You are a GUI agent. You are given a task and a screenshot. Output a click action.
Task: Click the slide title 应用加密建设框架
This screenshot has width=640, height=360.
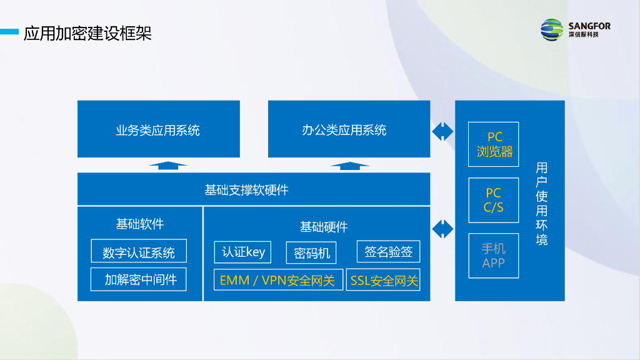(87, 32)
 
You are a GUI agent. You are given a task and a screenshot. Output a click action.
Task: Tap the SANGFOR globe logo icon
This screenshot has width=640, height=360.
(552, 29)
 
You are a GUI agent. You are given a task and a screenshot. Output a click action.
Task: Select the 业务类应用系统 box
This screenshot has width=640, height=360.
(158, 129)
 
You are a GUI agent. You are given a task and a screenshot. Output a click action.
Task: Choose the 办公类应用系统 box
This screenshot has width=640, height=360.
(349, 129)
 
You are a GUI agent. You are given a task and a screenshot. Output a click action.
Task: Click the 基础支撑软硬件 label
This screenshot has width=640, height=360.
(247, 189)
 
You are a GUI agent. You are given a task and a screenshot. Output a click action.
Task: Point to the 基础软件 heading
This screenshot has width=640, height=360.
(140, 223)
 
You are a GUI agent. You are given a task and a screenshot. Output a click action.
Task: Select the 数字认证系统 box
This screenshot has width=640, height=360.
(139, 252)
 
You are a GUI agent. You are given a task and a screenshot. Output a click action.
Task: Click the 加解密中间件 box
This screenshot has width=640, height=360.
(139, 279)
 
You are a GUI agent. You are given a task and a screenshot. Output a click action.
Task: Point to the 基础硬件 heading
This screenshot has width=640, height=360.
(324, 226)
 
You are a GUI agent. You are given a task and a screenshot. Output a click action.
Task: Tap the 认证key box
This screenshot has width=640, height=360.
(244, 252)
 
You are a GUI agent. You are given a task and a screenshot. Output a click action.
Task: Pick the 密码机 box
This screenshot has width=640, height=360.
(311, 253)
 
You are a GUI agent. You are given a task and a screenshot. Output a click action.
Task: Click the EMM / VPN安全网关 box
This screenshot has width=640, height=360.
(278, 280)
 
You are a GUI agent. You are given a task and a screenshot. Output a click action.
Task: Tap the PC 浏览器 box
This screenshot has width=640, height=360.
(494, 144)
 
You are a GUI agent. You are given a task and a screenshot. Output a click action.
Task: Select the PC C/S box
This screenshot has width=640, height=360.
(494, 200)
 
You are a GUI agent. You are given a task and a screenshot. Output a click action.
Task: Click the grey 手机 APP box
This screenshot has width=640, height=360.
(494, 256)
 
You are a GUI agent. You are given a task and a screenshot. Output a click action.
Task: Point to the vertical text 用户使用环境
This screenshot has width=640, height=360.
(541, 203)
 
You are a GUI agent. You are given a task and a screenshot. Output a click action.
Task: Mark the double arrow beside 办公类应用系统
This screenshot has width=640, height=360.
(442, 131)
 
